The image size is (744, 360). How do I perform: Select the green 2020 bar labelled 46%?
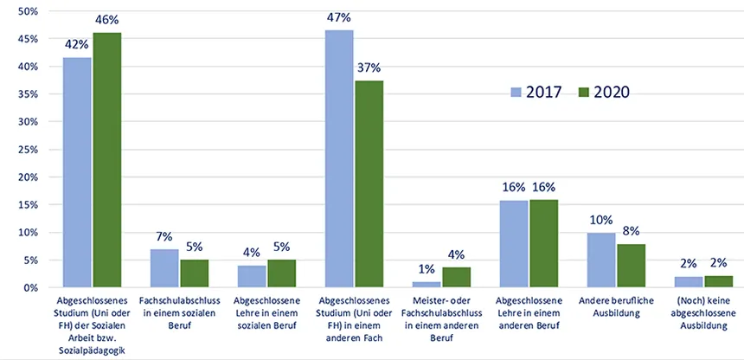tap(107, 160)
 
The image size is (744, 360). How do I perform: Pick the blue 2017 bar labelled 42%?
tap(77, 172)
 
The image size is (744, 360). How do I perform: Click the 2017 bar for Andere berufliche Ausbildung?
tap(601, 260)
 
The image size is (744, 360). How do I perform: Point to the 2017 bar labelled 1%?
tap(427, 284)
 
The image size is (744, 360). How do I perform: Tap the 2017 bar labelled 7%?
tap(164, 268)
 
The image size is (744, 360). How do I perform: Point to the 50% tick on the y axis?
tap(28, 11)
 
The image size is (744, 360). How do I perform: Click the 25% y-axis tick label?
tap(28, 149)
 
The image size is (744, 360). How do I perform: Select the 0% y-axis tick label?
tap(30, 287)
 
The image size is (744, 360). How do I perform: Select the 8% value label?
tap(631, 230)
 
